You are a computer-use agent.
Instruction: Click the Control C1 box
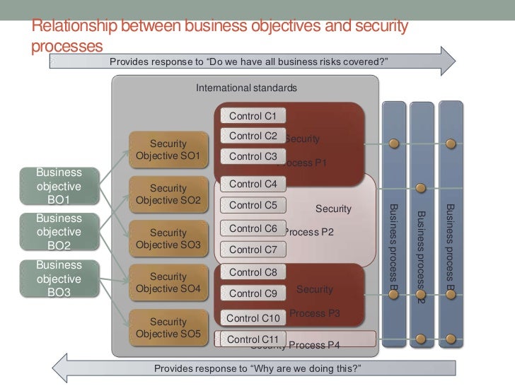(x=253, y=115)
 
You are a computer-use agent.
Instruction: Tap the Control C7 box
(x=253, y=250)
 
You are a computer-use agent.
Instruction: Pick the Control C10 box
(x=253, y=319)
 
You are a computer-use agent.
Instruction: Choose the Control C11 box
(x=253, y=339)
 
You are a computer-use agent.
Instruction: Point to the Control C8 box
(x=253, y=272)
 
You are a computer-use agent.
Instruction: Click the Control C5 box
(x=253, y=206)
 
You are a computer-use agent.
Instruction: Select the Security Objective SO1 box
(x=168, y=149)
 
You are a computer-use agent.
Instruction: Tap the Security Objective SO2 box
(x=168, y=194)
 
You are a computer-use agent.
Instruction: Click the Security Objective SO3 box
(x=168, y=239)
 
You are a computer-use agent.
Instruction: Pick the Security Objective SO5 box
(x=168, y=328)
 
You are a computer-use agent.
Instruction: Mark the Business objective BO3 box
(x=58, y=279)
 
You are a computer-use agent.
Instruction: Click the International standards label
(x=246, y=88)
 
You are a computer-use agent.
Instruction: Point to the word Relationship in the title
(x=74, y=27)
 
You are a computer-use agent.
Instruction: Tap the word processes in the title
(x=67, y=46)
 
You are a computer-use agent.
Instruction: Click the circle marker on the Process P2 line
(x=420, y=189)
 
